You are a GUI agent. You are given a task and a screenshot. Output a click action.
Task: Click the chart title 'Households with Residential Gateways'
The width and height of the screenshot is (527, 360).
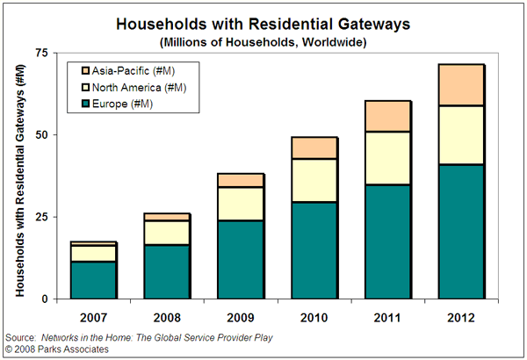pyautogui.click(x=263, y=24)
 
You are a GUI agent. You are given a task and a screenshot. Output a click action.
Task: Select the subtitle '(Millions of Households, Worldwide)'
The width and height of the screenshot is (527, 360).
pyautogui.click(x=263, y=41)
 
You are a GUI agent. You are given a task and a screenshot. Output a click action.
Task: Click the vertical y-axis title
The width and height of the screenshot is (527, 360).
pyautogui.click(x=20, y=176)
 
